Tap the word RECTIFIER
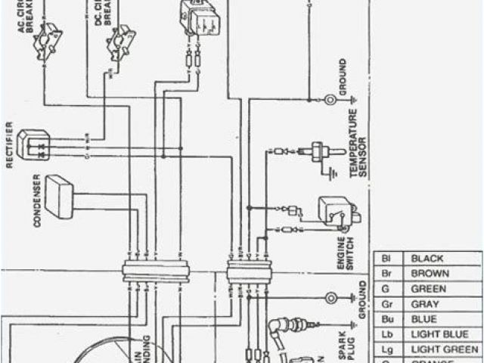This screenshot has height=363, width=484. coord(10,144)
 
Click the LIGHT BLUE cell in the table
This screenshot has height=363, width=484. coord(435,334)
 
